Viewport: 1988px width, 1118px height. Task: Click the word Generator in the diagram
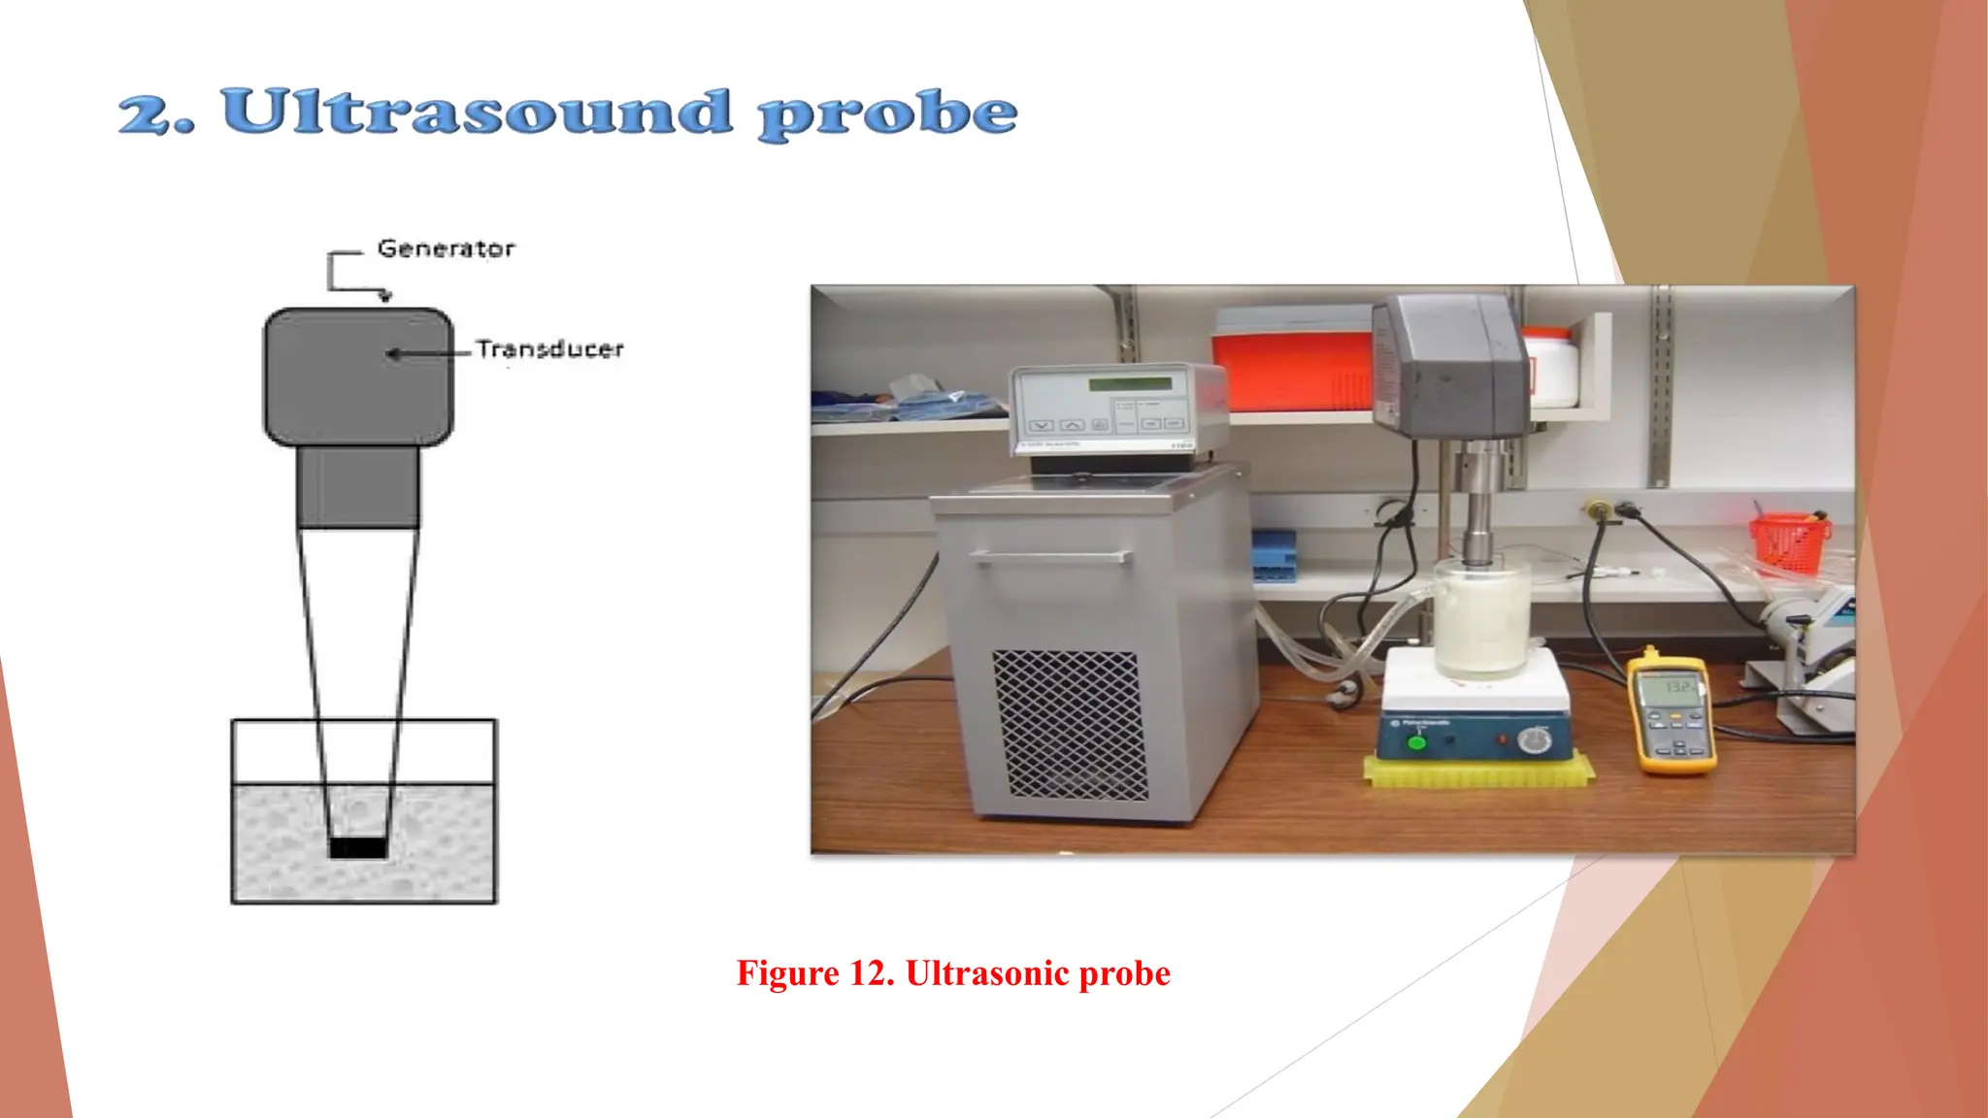(x=446, y=248)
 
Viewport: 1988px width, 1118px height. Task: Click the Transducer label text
(x=549, y=349)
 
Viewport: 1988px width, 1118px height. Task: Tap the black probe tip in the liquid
(x=358, y=847)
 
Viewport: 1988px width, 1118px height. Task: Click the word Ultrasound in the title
(x=476, y=113)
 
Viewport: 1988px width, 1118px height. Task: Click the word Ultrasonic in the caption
(x=986, y=973)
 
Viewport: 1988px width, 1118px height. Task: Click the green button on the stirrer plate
(x=1416, y=742)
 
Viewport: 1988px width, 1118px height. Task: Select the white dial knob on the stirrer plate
(x=1534, y=741)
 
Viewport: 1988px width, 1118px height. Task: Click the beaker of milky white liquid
(x=1481, y=621)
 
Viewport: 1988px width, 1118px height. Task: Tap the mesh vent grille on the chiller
(x=1069, y=724)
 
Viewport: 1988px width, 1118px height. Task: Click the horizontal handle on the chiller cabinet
(x=1050, y=557)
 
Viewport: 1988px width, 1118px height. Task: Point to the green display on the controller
(x=1129, y=384)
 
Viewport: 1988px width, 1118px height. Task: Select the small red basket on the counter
(x=1788, y=542)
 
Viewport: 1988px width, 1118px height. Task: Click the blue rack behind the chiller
(x=1274, y=555)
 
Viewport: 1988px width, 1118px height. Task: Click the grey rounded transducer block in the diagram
(x=358, y=377)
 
